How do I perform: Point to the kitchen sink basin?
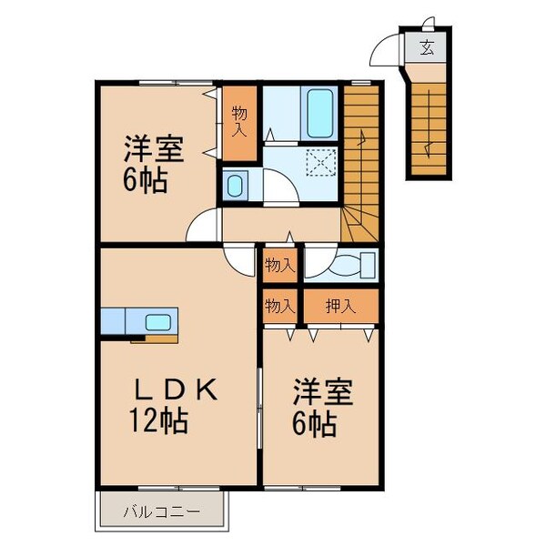(158, 321)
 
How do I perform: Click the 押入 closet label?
(341, 306)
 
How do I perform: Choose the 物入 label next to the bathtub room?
(239, 121)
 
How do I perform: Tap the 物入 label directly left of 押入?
(280, 306)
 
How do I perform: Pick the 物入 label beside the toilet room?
(280, 266)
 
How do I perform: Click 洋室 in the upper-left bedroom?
(154, 149)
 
